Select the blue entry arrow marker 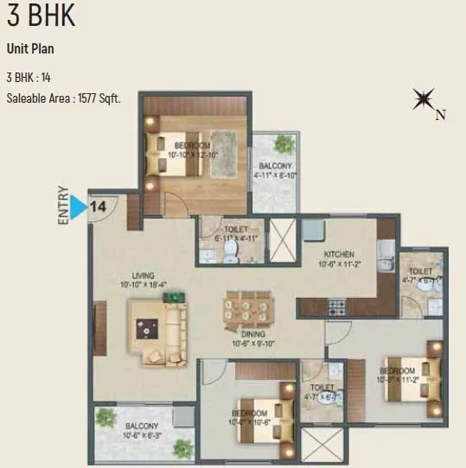coord(79,207)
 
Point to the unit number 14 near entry coord(99,207)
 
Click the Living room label coord(136,277)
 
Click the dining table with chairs coord(246,308)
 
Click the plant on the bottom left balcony coord(107,417)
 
